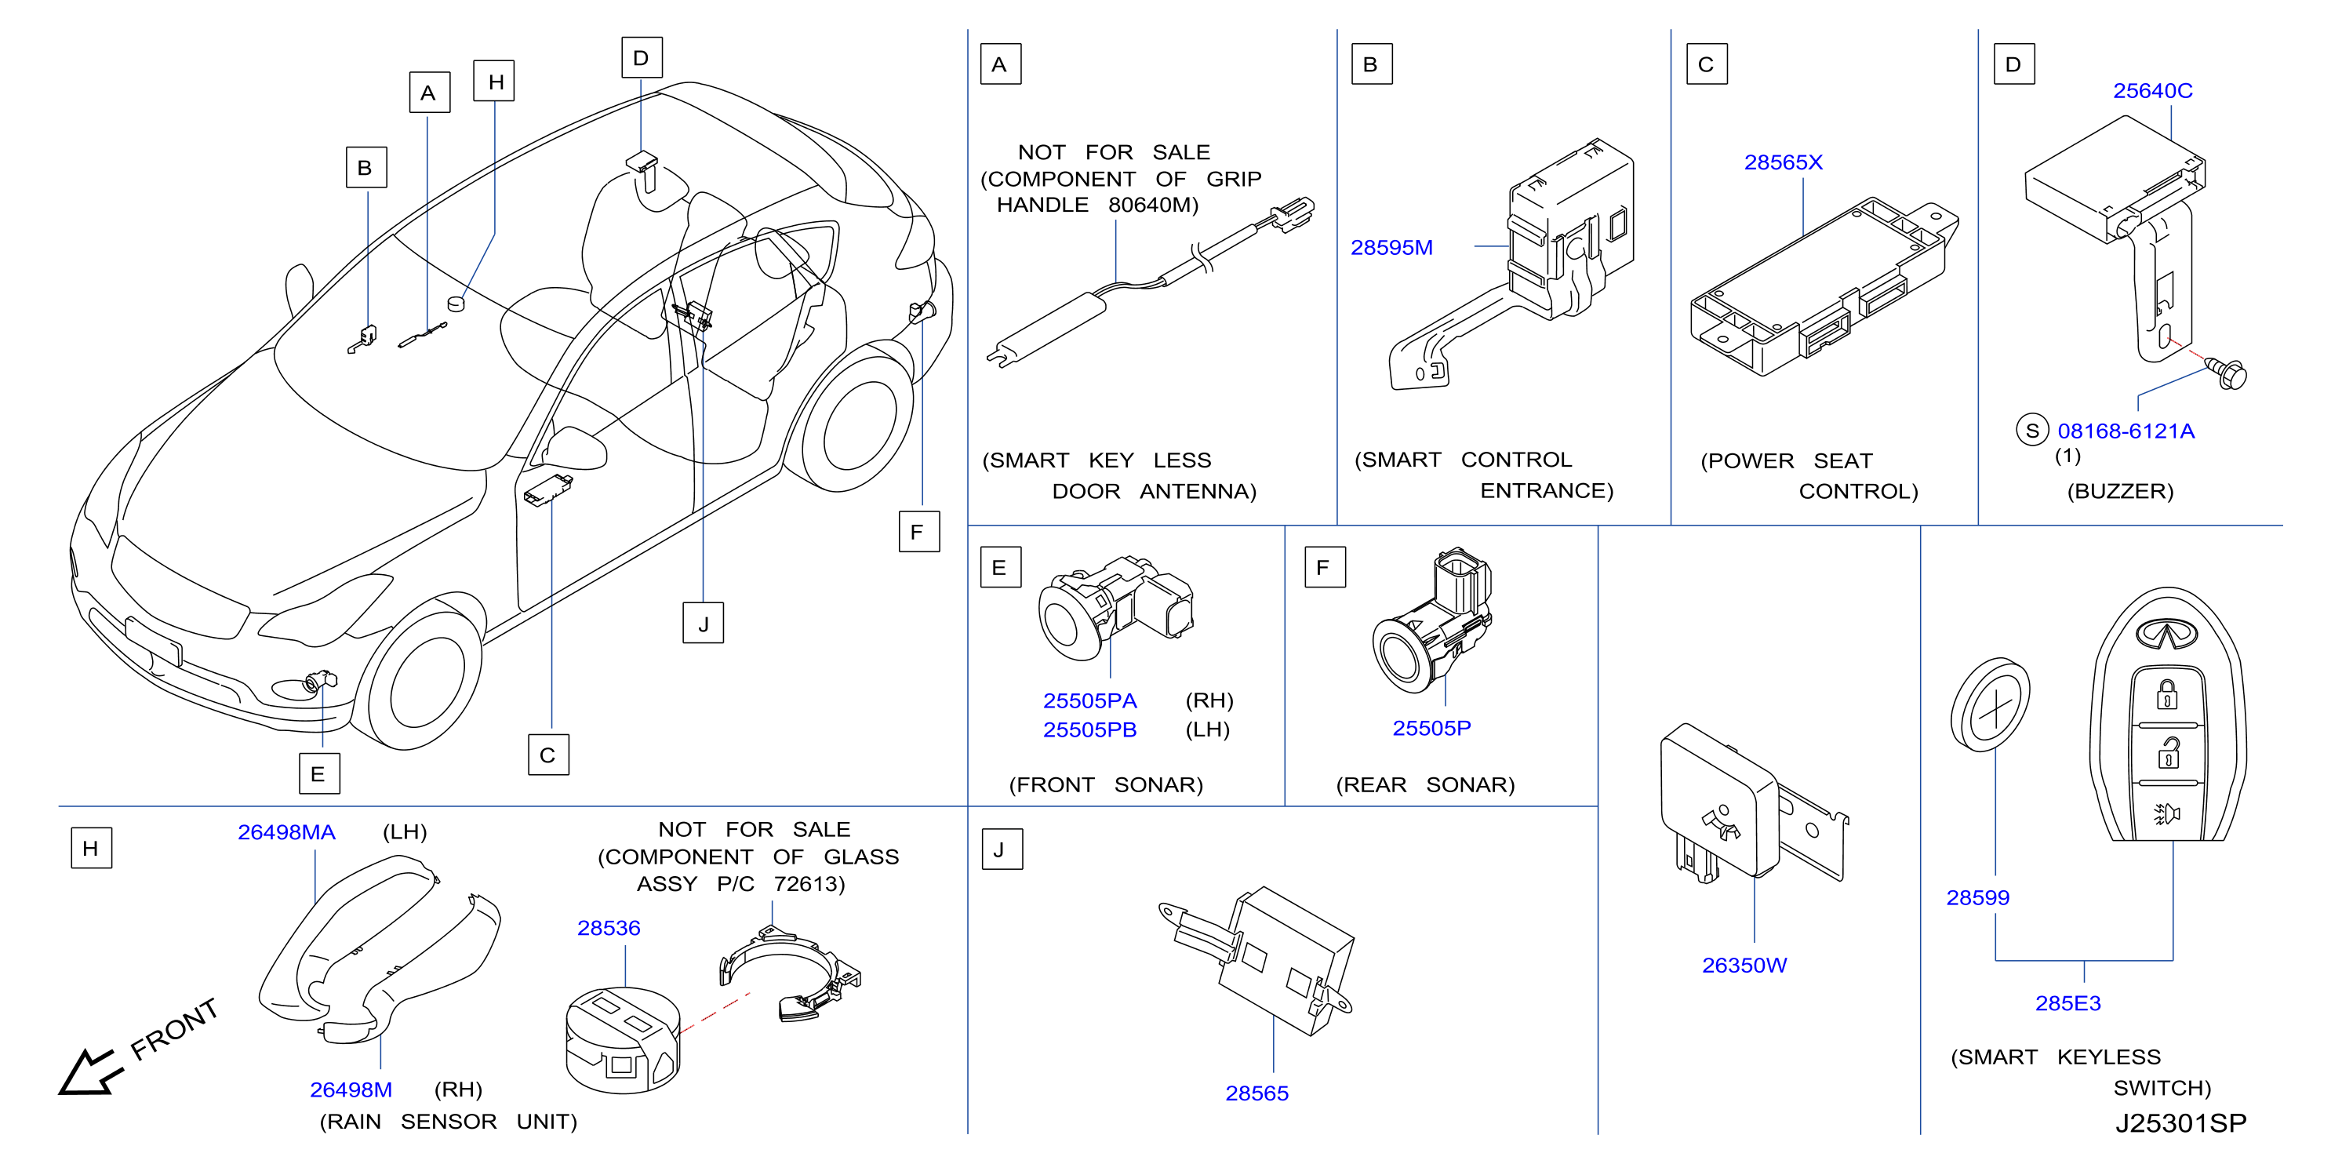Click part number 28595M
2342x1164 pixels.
point(1391,247)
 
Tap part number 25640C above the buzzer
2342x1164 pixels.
point(2152,91)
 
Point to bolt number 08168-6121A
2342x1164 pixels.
point(2126,431)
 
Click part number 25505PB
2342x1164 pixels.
point(1089,729)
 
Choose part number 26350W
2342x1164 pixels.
point(1744,965)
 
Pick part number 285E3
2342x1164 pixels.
point(2067,1003)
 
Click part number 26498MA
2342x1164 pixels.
point(286,832)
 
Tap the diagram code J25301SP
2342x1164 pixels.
point(2180,1123)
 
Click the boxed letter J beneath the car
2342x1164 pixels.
point(703,623)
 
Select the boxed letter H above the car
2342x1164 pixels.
point(495,81)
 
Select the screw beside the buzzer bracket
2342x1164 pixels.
point(2226,373)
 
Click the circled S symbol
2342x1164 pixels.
point(2032,430)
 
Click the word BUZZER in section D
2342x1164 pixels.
point(2120,491)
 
